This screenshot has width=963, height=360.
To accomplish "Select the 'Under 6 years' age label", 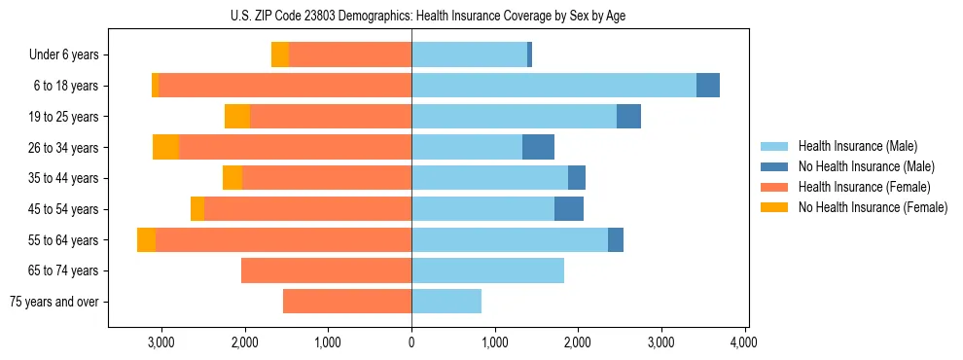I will coord(63,55).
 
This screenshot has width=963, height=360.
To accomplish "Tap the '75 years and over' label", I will coord(53,302).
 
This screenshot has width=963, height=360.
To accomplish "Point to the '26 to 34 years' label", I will coord(63,148).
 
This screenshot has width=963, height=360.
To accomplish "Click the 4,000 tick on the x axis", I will coord(744,343).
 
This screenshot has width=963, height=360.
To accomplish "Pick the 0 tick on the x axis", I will coord(411,343).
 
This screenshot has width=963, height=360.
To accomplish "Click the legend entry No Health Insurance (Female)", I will coord(872,207).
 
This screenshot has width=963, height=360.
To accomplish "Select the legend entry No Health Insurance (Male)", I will coord(866,166).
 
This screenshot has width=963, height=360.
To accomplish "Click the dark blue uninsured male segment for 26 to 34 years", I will coord(538,147).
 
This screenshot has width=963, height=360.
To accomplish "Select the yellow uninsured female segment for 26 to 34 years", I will coord(165,147).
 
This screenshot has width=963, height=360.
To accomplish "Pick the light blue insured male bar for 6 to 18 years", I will coord(553,86).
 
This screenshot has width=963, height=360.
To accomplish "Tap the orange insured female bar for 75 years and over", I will coord(347,302).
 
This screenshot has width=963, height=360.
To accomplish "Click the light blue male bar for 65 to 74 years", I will coord(487,270).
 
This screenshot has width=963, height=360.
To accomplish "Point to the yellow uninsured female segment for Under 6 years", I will coord(280,54).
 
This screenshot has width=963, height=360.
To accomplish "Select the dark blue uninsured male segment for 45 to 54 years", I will coord(569,209).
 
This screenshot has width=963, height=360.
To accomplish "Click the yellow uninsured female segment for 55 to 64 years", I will coord(146,239).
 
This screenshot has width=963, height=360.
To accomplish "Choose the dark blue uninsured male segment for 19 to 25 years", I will coord(628,117).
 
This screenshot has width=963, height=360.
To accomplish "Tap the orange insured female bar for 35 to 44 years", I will coord(327,178).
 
